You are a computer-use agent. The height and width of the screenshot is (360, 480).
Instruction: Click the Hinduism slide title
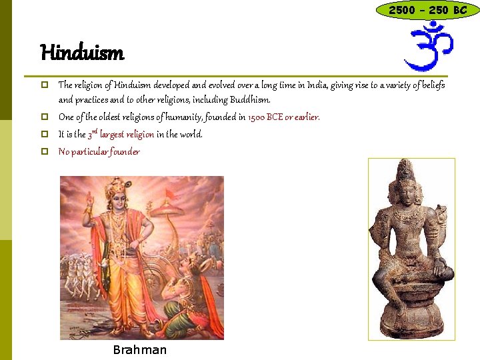pos(81,51)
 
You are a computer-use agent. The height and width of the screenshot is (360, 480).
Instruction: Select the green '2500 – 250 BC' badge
pos(427,10)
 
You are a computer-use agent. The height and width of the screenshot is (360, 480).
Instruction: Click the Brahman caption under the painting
pos(140,350)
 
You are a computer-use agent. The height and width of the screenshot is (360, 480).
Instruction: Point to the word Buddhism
pos(250,100)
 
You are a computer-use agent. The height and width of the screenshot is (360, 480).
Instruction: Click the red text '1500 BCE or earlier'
pos(283,117)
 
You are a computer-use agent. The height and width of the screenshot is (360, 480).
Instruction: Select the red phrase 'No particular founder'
pos(99,151)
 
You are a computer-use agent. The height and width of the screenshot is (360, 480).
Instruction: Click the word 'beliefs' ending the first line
pos(430,85)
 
